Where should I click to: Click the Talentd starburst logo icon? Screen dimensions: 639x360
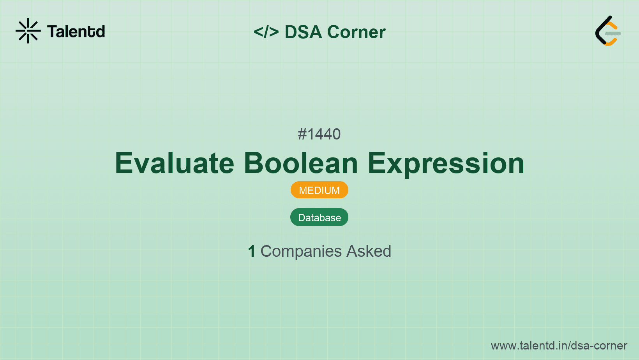pos(28,31)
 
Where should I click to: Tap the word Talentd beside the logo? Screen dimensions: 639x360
pos(76,32)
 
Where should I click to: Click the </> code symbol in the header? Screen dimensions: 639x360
pos(266,32)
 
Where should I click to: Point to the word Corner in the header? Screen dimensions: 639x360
pos(356,32)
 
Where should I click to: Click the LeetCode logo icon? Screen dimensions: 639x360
pos(608,31)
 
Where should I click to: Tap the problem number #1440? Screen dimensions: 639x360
pos(319,134)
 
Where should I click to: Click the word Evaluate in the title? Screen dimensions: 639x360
pos(174,163)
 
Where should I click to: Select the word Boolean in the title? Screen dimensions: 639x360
pos(301,163)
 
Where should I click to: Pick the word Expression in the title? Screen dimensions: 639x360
pos(446,164)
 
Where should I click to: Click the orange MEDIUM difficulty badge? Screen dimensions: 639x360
pos(319,190)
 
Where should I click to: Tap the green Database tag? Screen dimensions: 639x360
pos(319,217)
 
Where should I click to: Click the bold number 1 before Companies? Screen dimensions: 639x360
pos(251,251)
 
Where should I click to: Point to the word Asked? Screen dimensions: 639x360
pos(369,251)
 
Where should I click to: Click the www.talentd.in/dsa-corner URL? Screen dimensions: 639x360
pos(559,346)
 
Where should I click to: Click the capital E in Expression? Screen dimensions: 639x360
pos(376,163)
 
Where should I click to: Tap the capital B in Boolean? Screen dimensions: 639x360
pos(254,163)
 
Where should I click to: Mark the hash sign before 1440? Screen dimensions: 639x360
pos(302,134)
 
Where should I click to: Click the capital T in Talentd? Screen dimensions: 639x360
pos(53,32)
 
